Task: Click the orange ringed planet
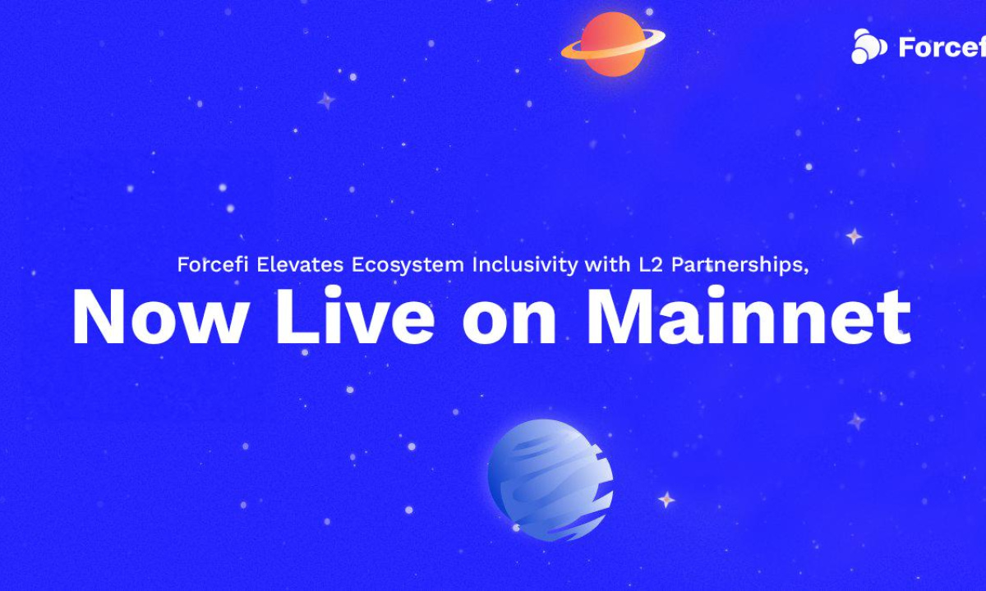[613, 44]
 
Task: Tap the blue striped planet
[551, 479]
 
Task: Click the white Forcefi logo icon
[869, 46]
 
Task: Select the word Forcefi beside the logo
[942, 47]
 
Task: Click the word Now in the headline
[159, 317]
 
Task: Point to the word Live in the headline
[355, 315]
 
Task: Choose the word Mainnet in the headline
[749, 315]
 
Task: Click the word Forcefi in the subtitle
[213, 264]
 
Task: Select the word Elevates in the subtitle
[300, 264]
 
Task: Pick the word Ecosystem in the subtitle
[408, 266]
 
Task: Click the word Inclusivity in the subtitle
[525, 266]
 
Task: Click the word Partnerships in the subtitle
[737, 266]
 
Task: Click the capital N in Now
[99, 316]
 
